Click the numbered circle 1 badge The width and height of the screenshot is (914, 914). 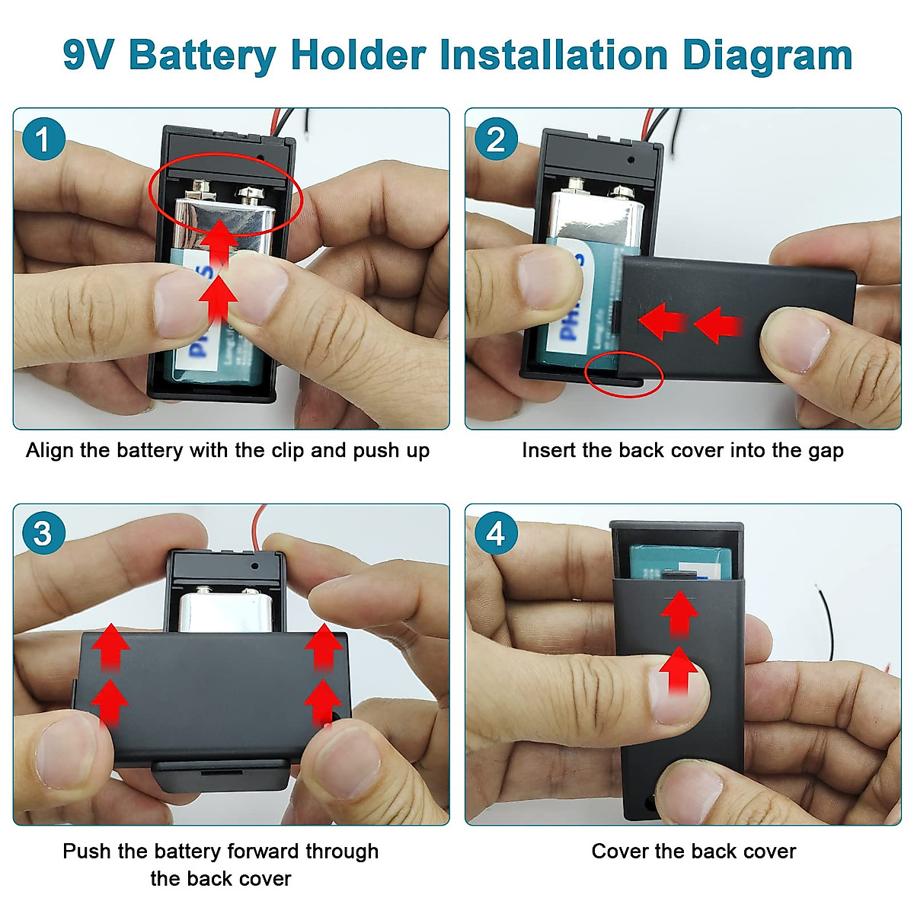(x=43, y=139)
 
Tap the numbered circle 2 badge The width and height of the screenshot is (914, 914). (x=495, y=139)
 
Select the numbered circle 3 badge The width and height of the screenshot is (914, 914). (x=43, y=533)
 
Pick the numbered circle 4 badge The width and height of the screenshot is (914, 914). (x=495, y=533)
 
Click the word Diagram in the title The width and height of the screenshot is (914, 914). (x=767, y=56)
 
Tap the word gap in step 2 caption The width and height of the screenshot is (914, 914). (x=826, y=451)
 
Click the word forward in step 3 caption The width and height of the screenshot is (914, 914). (x=263, y=851)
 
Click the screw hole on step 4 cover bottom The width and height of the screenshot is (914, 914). (x=650, y=803)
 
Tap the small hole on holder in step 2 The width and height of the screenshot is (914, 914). (x=631, y=161)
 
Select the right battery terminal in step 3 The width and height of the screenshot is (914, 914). (x=251, y=593)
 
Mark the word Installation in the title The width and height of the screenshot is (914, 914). (x=484, y=56)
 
